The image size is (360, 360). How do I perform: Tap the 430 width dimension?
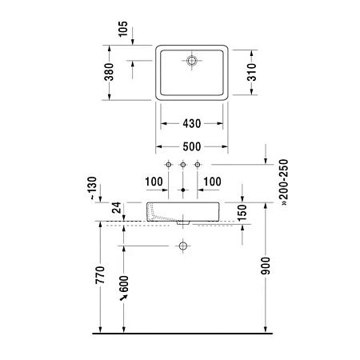pos(191,124)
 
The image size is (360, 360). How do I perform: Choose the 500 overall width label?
pos(191,147)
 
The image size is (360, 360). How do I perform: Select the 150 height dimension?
pos(242,212)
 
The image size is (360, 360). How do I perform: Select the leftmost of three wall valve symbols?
pos(169,164)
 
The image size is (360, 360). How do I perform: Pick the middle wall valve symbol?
pos(183,164)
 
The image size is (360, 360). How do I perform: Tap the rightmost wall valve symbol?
pos(198,164)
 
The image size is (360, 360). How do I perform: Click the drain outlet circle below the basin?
pos(183,244)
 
